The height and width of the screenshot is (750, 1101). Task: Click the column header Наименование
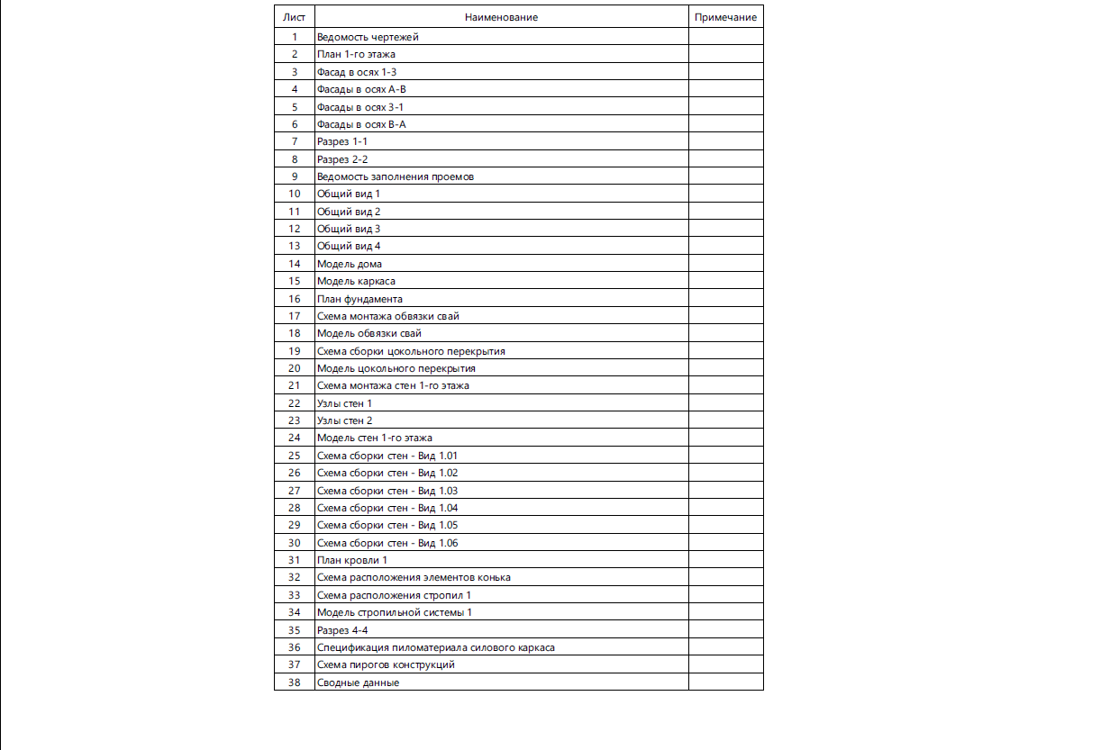coord(501,17)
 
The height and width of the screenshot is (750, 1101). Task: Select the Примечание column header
coord(725,17)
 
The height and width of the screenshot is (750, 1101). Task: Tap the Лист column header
coord(294,17)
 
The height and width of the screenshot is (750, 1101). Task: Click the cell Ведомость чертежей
coord(368,37)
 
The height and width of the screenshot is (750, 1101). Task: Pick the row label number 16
coord(294,299)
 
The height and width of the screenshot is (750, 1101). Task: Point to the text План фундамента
coord(359,299)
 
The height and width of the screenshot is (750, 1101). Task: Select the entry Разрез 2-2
coord(342,159)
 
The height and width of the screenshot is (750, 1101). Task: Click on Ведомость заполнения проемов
coord(396,176)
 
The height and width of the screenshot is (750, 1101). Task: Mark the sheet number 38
coord(294,682)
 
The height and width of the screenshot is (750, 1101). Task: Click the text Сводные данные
coord(358,682)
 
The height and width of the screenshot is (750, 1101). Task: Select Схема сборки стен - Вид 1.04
coord(387,508)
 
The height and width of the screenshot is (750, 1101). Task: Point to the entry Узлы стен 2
coord(344,420)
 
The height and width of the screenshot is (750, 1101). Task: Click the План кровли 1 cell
coord(352,560)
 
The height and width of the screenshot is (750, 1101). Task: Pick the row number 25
coord(294,456)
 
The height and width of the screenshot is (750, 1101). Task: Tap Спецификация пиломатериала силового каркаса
coord(436,647)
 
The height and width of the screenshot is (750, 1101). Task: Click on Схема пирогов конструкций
coord(386,664)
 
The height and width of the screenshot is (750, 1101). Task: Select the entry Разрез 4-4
coord(342,630)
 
